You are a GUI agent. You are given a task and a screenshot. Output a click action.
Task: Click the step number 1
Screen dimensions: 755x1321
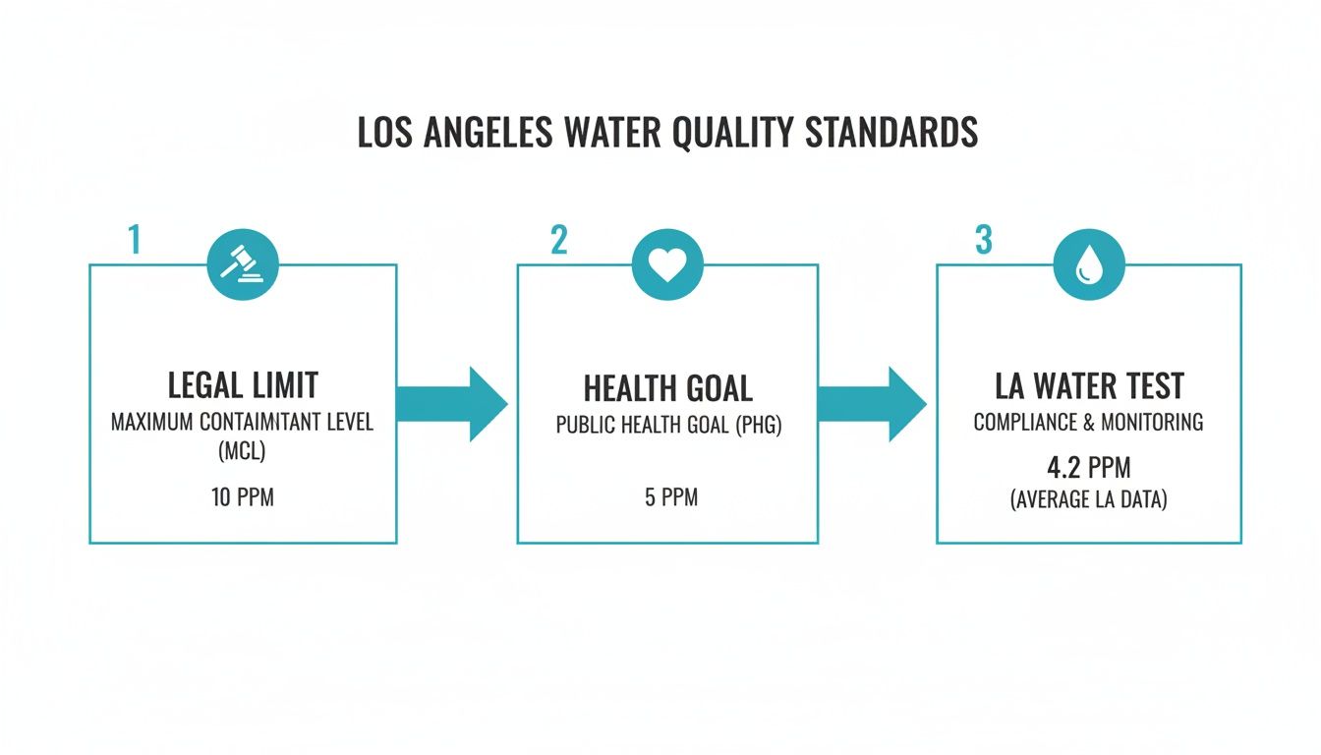pos(135,241)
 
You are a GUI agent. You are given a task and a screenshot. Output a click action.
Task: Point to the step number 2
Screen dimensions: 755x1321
pos(558,241)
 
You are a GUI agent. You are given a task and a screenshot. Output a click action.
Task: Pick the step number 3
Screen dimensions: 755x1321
pos(983,241)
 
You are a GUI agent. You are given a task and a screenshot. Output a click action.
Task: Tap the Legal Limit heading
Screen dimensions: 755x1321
pos(243,385)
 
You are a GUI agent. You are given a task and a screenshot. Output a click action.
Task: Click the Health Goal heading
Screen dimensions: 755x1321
pos(667,389)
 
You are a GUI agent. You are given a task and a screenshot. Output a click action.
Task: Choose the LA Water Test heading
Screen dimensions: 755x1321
pos(1087,385)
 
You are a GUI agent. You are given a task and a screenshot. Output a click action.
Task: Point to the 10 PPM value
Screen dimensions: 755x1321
pos(243,497)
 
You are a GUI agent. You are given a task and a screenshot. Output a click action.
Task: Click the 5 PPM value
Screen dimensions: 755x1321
pos(671,497)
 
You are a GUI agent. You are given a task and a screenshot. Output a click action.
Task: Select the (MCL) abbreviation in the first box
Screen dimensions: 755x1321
pos(243,454)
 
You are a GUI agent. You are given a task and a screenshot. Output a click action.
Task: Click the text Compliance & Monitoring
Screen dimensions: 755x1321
pos(1088,422)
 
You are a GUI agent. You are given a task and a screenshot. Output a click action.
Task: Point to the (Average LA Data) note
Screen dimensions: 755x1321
pos(1088,499)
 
